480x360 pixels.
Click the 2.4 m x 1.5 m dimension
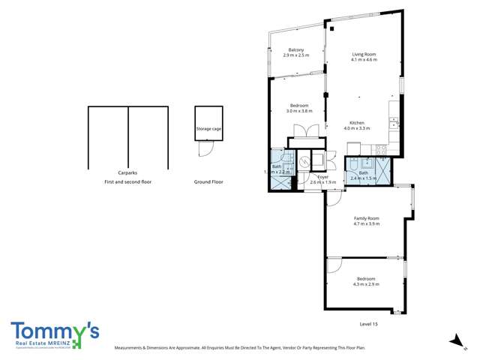364,178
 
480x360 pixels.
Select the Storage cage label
208,129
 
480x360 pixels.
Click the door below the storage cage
203,149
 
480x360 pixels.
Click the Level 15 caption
370,323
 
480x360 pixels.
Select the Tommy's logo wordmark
55,330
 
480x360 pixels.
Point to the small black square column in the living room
331,29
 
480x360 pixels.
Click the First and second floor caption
127,181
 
